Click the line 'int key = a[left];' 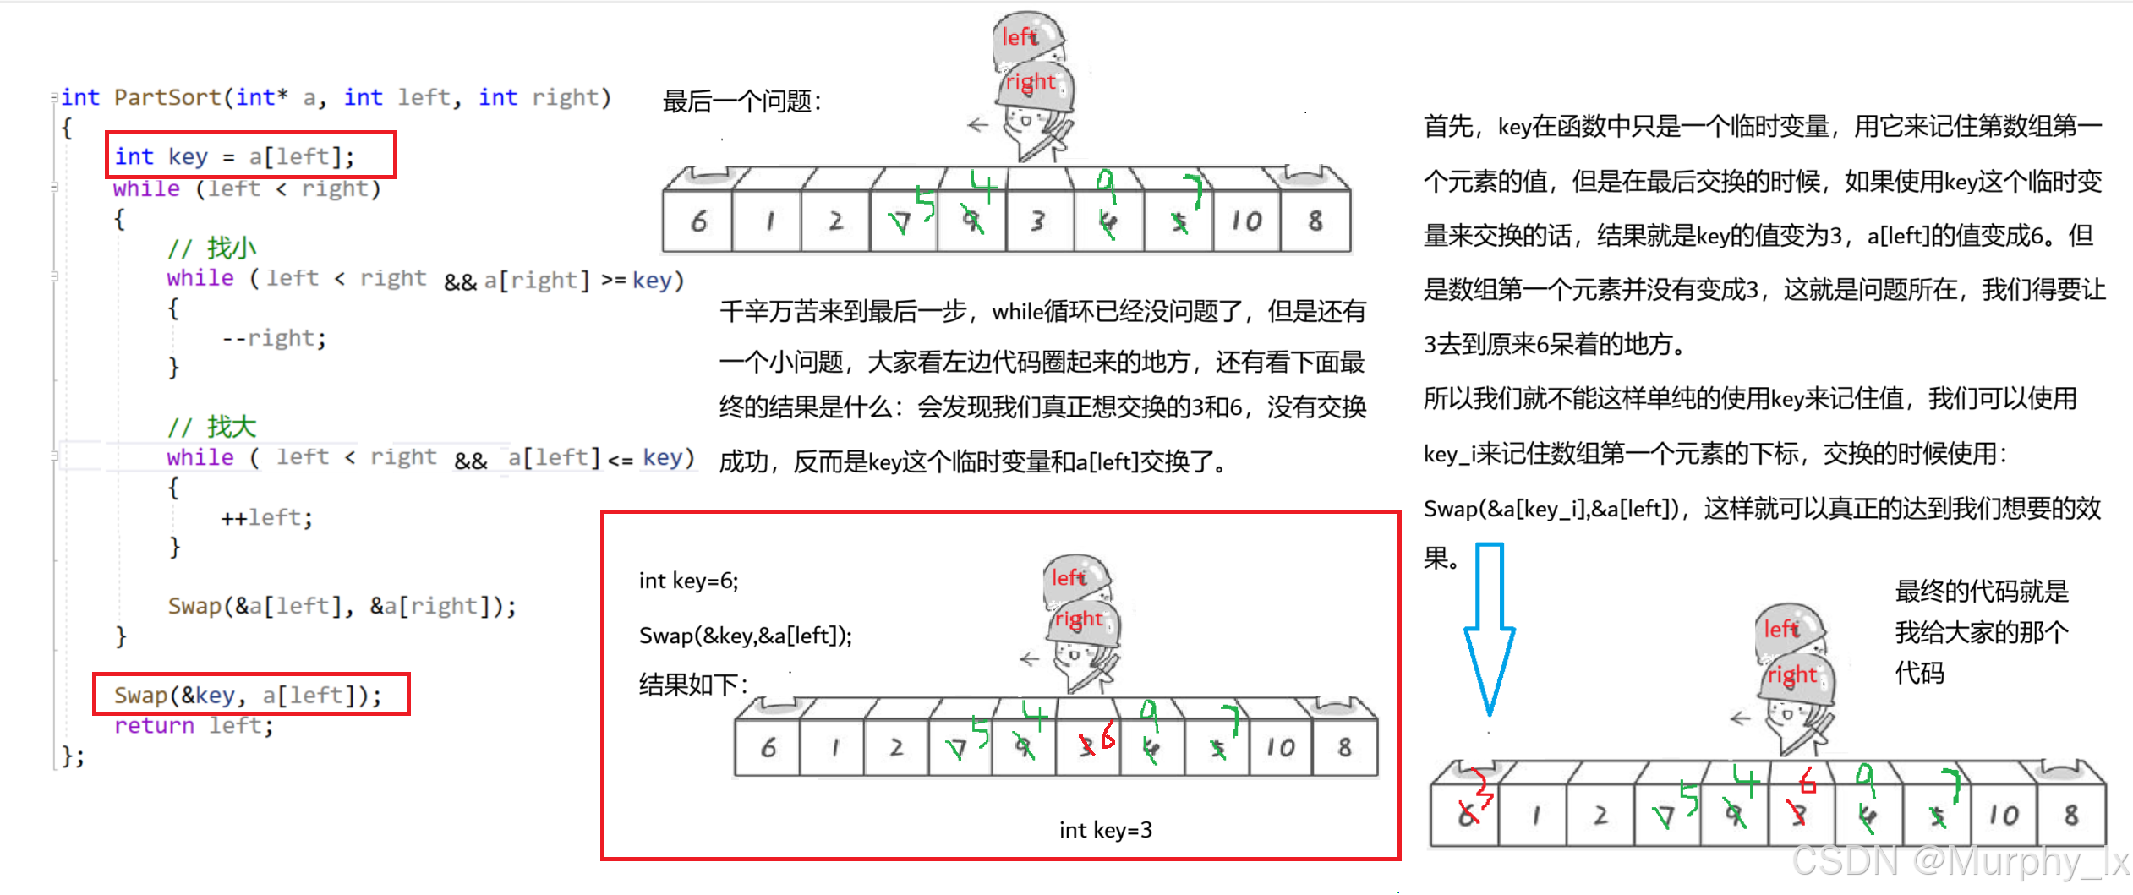(234, 156)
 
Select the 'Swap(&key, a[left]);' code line (248, 695)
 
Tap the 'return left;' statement (194, 725)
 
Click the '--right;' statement (273, 338)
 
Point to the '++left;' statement (266, 517)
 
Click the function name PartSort (167, 97)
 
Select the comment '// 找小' (212, 248)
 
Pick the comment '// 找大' (212, 427)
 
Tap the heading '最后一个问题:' (741, 101)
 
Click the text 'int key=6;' (688, 581)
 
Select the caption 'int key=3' (1105, 830)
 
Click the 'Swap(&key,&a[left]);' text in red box (745, 636)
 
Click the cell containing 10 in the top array (1246, 221)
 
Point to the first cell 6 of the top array (698, 221)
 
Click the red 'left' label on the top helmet (1020, 37)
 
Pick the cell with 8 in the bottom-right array (2070, 816)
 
